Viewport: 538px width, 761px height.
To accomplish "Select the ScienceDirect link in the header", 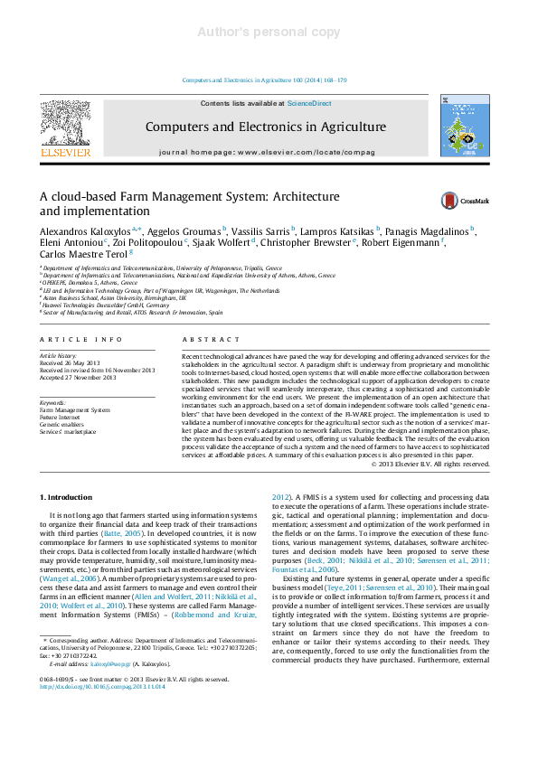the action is coord(309,104).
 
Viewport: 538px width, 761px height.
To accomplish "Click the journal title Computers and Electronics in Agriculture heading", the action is coord(265,127).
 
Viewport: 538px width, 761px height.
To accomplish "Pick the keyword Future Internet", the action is coord(61,418).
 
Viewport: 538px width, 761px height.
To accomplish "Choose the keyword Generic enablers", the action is coord(62,424).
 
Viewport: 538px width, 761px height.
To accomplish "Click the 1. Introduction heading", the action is coord(68,498).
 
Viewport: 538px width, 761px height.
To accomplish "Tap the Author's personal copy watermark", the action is coord(269,33).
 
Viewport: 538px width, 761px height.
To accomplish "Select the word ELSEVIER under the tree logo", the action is coord(65,153).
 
